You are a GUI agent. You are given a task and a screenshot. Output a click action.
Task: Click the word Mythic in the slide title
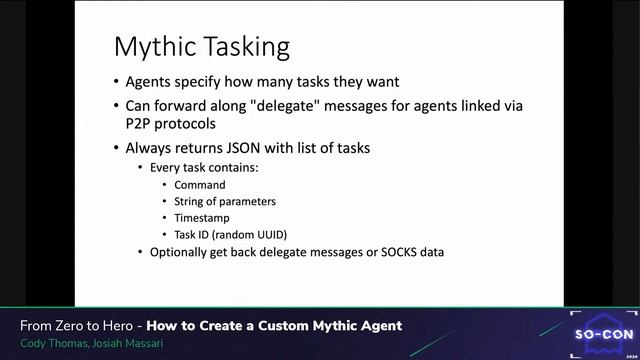point(154,47)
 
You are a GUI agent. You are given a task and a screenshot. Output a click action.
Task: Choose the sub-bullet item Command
point(200,185)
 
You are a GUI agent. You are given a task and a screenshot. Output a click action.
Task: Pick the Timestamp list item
point(203,218)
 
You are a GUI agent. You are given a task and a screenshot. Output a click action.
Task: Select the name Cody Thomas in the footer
point(51,342)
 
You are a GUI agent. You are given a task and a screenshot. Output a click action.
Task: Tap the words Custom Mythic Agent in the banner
point(321,326)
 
